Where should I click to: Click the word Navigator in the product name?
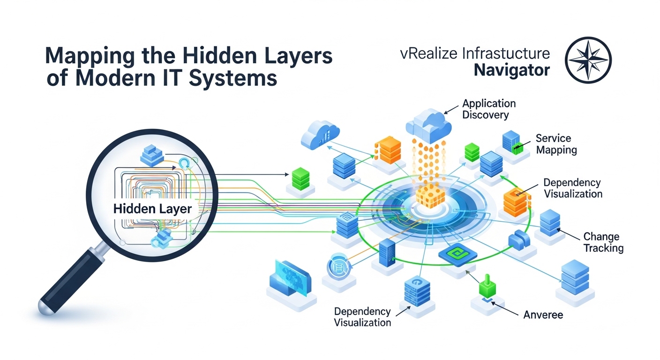pos(511,70)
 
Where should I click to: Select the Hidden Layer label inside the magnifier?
pos(152,209)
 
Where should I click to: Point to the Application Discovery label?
pos(489,109)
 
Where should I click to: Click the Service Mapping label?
pos(556,144)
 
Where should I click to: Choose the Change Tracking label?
pos(603,242)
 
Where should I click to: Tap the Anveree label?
pos(543,315)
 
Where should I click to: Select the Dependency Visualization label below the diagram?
pos(362,317)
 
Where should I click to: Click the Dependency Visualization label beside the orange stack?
pos(572,188)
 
